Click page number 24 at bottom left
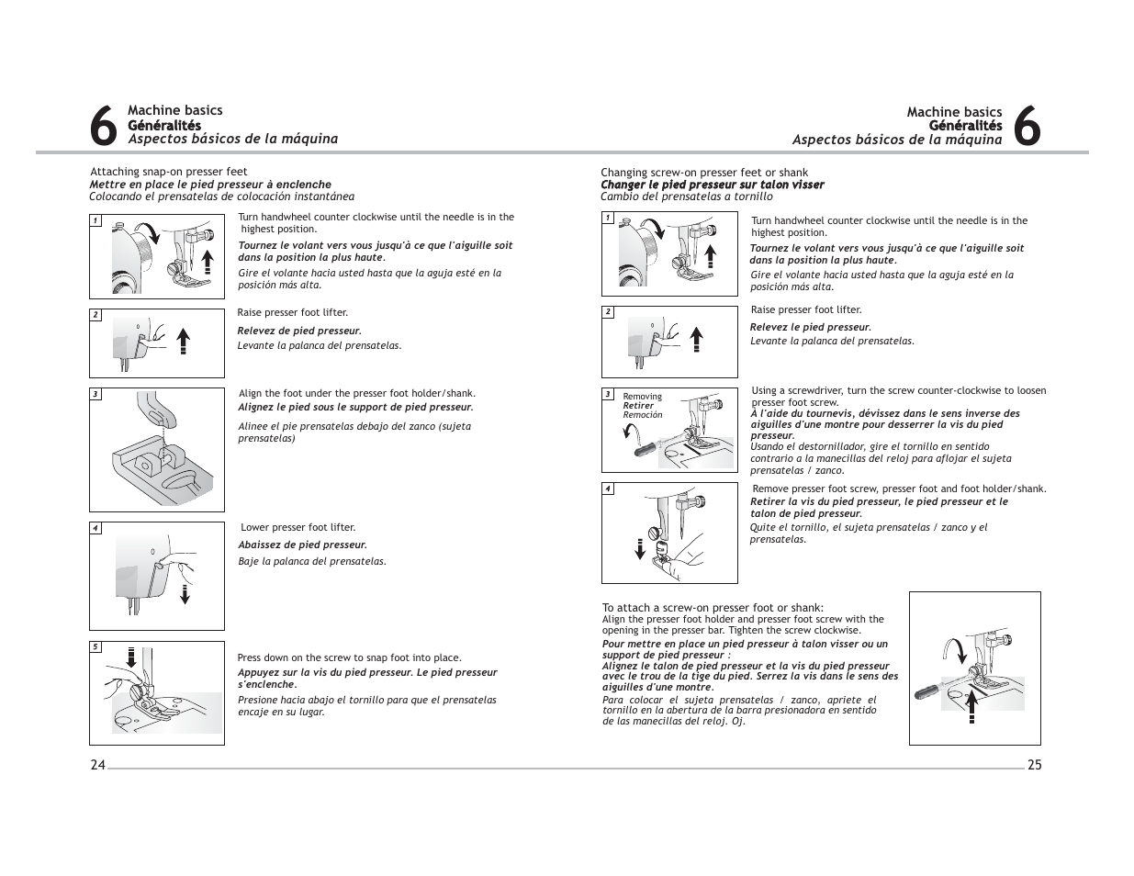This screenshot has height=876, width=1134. coord(97,765)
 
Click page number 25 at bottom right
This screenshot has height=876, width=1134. coord(1034,765)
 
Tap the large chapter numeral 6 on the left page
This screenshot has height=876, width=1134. coord(105,126)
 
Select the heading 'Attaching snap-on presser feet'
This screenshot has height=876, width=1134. coord(169,172)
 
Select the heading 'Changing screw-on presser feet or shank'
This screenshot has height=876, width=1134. coord(704,173)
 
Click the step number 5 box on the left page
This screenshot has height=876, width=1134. coord(95,647)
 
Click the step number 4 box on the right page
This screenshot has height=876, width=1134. coord(607,489)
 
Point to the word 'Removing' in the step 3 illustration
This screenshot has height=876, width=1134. coord(642,397)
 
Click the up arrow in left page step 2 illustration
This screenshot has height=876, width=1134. coord(183,339)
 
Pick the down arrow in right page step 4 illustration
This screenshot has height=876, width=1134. coord(638,547)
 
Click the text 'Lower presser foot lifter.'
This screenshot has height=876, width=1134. coord(298,528)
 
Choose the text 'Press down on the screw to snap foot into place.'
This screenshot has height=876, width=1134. coord(349,657)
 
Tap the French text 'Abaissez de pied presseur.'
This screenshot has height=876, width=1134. coord(302,545)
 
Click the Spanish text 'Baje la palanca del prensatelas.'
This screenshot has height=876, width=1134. coord(312,561)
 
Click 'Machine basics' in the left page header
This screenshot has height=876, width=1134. coord(174,111)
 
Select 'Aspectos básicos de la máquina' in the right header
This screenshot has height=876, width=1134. coord(897,140)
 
